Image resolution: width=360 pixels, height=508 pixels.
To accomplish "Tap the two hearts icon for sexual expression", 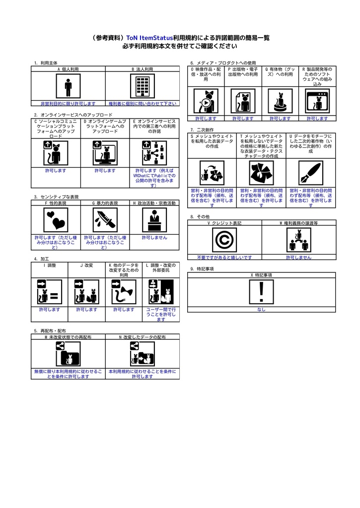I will (x=56, y=219).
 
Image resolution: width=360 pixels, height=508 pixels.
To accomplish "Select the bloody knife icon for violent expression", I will (x=105, y=219).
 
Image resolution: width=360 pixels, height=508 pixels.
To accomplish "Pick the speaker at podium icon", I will (x=154, y=219).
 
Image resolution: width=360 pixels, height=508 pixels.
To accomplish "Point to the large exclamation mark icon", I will (x=262, y=292).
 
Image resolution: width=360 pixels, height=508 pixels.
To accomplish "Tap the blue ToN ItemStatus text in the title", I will (x=149, y=38).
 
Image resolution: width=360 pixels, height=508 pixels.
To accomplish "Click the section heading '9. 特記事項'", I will (x=202, y=269).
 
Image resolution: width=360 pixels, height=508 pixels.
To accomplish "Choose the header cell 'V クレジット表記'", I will (x=224, y=224).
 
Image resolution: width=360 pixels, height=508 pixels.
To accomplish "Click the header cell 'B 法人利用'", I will (x=143, y=69).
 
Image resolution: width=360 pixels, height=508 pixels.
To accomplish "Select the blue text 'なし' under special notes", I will (x=262, y=310).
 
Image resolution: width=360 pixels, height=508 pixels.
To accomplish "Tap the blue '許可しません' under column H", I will (x=154, y=238).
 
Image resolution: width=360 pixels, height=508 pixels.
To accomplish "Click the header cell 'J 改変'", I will (x=86, y=266).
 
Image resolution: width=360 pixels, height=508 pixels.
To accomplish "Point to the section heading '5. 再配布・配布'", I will (x=50, y=330).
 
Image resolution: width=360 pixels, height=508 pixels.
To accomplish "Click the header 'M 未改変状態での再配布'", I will (x=68, y=337).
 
